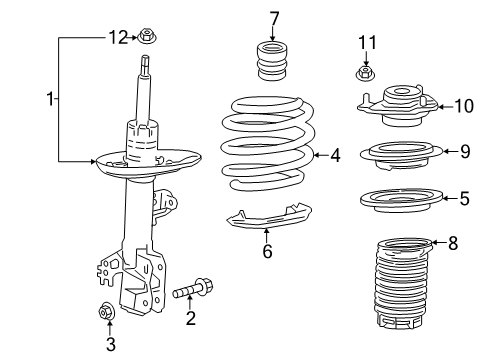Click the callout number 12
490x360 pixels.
tap(118, 38)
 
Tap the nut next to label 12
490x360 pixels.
tap(149, 38)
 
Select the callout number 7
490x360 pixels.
tap(273, 17)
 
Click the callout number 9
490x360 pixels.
tap(463, 152)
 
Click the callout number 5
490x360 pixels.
tap(463, 199)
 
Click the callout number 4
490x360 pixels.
tap(335, 155)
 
